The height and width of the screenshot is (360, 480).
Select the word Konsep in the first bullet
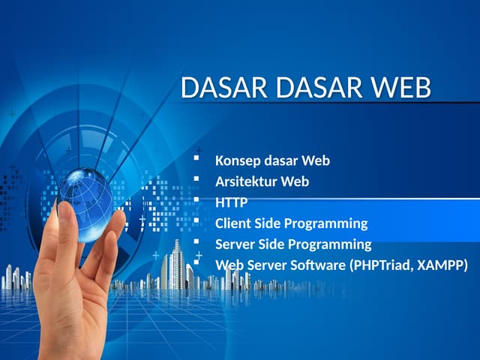click(x=237, y=160)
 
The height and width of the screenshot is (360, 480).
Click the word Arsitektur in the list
click(x=246, y=181)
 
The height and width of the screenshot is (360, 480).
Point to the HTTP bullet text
click(x=231, y=202)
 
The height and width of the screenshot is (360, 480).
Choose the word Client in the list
click(x=234, y=223)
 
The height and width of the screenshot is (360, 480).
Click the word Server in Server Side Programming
click(x=235, y=244)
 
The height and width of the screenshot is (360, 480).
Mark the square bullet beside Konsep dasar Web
click(x=196, y=159)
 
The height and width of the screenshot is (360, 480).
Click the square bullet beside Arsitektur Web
click(x=196, y=180)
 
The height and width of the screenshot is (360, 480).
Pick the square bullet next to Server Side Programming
click(x=196, y=243)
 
